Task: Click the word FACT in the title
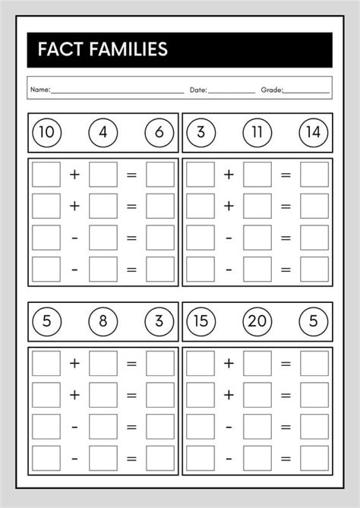pos(58,50)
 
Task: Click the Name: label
pos(40,90)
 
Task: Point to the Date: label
pos(197,90)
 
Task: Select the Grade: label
pos(272,90)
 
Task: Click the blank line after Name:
pos(117,92)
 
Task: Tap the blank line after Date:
pos(232,92)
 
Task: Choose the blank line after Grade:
pos(307,92)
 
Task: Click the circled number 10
pos(47,133)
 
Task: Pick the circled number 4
pos(103,133)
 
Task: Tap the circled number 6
pos(159,133)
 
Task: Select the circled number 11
pos(257,133)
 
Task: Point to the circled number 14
pos(313,133)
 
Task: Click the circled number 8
pos(103,321)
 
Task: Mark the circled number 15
pos(201,321)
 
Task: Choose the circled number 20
pos(257,321)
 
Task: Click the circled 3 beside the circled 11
pos(201,133)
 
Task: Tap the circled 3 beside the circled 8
pos(159,321)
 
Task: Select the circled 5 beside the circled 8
pos(47,321)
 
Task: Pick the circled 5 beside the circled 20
pos(313,321)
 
